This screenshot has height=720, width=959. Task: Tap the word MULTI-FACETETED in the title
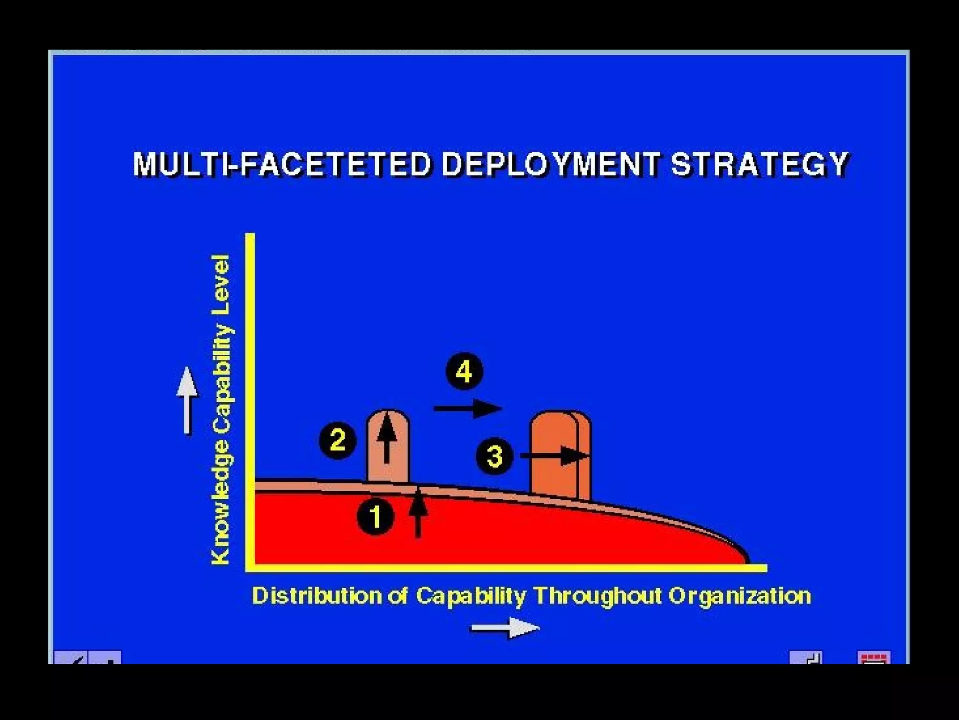pos(281,164)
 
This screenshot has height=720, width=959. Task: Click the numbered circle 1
pos(376,517)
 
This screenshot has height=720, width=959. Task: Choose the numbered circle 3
pos(494,456)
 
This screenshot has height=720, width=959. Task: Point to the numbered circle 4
pos(464,372)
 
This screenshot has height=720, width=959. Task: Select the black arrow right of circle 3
pos(554,456)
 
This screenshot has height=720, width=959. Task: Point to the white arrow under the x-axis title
pos(505,628)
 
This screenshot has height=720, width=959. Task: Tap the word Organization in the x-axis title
pos(739,596)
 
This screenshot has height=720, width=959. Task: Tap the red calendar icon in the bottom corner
pos(874,657)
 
